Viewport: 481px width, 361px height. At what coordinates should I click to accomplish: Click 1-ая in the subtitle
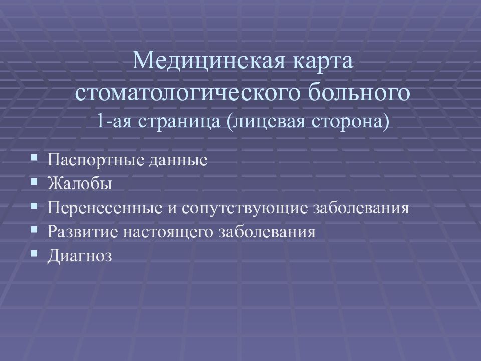click(114, 121)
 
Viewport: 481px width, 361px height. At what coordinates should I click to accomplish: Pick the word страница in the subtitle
click(179, 122)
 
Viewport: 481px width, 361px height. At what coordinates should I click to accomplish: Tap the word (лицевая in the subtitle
click(266, 122)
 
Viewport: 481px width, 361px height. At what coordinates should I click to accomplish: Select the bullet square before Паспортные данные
click(34, 158)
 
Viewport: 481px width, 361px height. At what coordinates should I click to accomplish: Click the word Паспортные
click(95, 160)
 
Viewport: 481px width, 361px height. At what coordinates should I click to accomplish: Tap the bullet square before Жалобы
click(34, 182)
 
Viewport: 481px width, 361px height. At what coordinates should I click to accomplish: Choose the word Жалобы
click(80, 184)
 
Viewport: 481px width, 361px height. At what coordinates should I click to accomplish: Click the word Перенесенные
click(105, 208)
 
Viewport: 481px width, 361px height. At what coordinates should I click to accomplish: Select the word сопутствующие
click(244, 208)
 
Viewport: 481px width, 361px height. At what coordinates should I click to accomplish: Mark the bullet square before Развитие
click(34, 230)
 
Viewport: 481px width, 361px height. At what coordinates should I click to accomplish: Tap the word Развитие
click(83, 232)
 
